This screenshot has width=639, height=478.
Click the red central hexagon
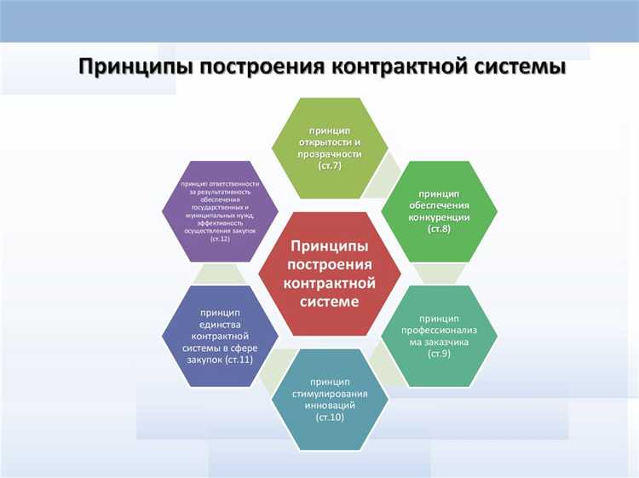[330, 273]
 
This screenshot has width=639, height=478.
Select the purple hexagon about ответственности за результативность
[220, 211]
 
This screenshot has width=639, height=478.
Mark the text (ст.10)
[330, 418]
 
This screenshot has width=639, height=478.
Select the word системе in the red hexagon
[330, 301]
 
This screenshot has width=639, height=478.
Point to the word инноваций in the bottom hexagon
[330, 406]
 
